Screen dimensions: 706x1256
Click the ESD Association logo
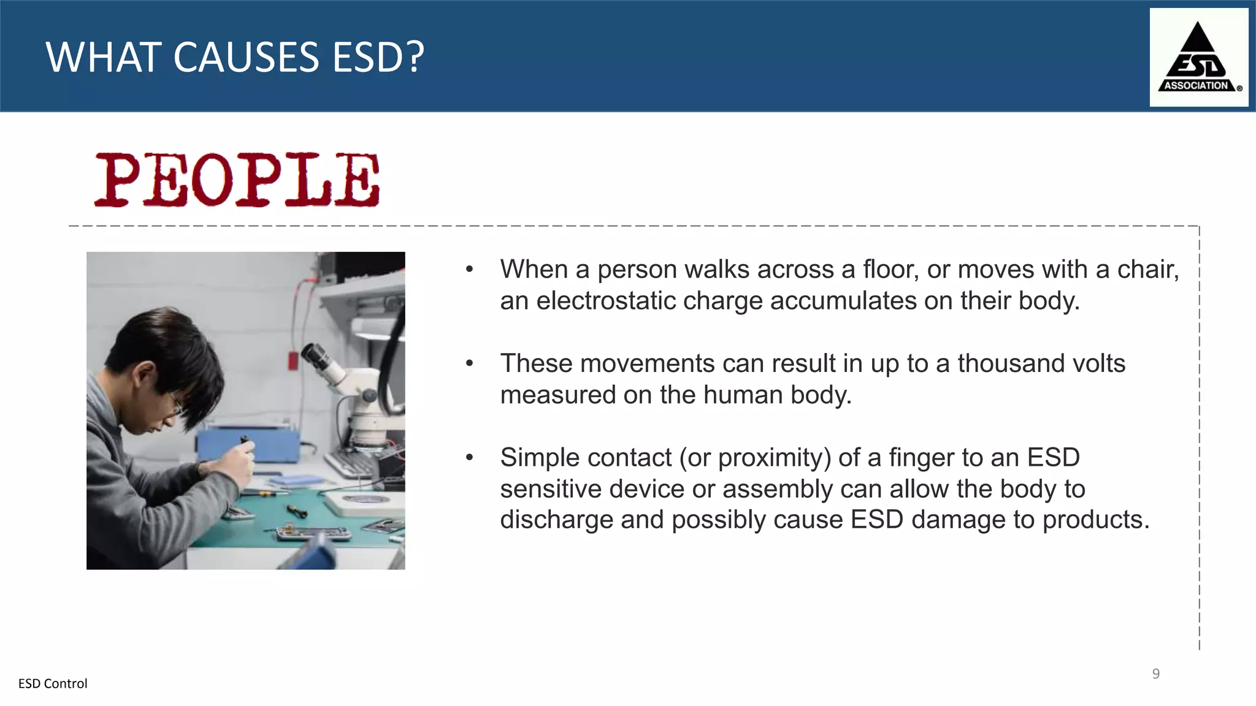tap(1198, 58)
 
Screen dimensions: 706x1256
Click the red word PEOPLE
tap(237, 180)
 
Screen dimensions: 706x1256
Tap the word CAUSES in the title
tap(246, 58)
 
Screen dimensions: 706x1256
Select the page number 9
tap(1155, 674)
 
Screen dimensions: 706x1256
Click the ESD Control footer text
tap(53, 683)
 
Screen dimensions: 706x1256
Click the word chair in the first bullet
tap(1147, 270)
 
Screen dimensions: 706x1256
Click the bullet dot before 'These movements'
tap(470, 363)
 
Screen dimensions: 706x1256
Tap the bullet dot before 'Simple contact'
tap(470, 457)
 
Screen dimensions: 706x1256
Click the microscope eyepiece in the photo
tap(314, 355)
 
